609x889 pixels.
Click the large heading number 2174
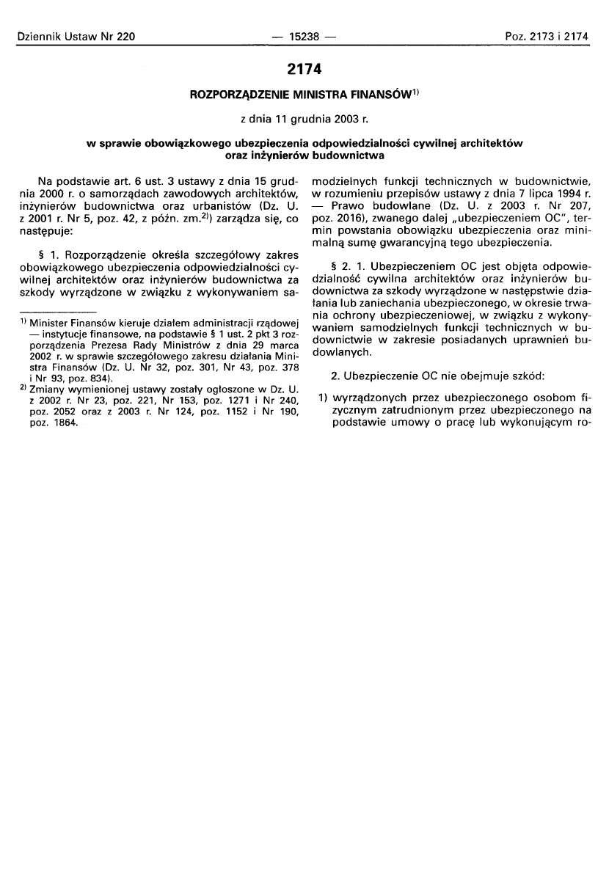(304, 70)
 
